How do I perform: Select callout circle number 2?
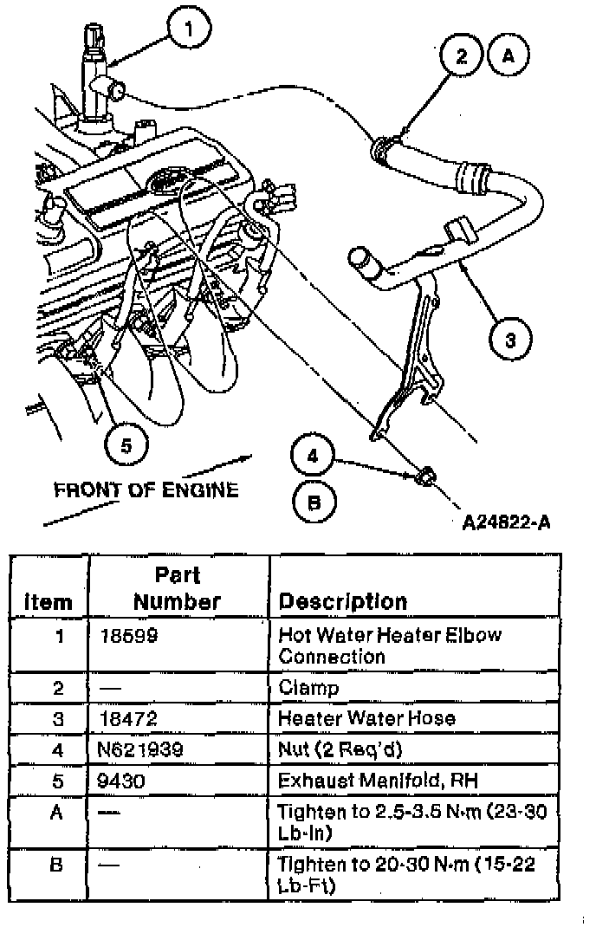coord(461,56)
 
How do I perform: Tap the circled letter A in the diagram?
coord(509,55)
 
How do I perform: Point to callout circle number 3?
coord(510,340)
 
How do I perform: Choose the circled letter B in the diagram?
coord(314,502)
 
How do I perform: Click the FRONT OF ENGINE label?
coord(146,490)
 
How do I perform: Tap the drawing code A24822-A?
coord(507,522)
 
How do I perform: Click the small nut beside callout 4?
coord(424,476)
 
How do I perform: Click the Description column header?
coord(343,601)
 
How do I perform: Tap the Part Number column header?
coord(178,588)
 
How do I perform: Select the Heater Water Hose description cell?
coord(366,718)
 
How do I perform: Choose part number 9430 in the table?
coord(123,781)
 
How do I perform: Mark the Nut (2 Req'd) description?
coord(333,749)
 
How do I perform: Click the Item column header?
coord(49,602)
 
